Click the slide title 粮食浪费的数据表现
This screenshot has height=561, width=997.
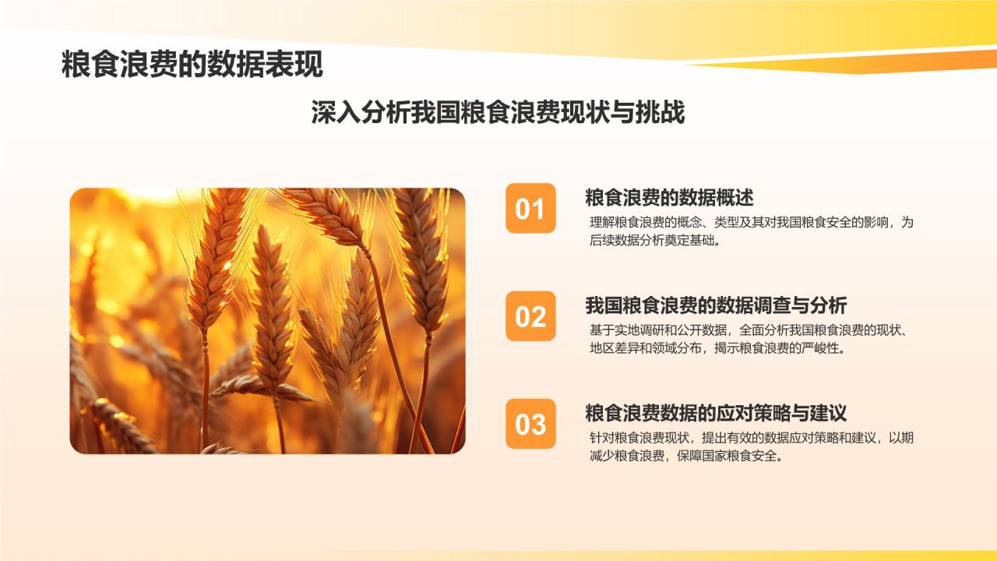coord(192,65)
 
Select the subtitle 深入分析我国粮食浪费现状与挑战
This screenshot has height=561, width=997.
coord(498,112)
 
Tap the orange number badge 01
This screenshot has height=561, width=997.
coord(530,208)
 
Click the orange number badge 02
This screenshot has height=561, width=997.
coord(530,316)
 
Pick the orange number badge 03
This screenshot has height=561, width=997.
coord(530,424)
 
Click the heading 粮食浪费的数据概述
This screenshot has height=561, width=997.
coord(669,198)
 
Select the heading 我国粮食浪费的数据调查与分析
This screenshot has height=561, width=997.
coord(716,305)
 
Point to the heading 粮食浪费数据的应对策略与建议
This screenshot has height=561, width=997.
coord(716,413)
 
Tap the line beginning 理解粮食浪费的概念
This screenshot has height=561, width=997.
coord(752,222)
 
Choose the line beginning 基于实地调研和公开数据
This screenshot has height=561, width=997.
coord(752,330)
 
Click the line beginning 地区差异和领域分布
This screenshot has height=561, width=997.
coord(717,348)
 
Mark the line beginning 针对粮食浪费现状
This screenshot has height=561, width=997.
coord(752,438)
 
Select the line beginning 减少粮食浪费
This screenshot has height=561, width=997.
coord(686,456)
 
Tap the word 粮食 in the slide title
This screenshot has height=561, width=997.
coord(90,65)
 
